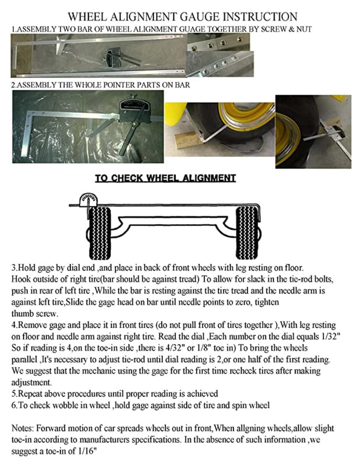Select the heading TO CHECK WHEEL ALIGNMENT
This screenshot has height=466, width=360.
165,178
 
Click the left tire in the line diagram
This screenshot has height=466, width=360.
98,226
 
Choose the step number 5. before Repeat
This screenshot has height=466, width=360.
14,394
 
